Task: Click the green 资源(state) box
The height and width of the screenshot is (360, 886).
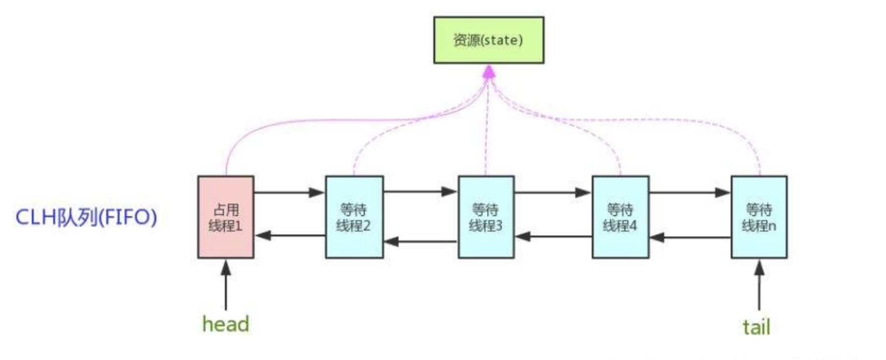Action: (488, 40)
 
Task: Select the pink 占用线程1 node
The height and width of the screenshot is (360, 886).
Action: (226, 217)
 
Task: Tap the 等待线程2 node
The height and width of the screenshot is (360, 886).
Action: (354, 217)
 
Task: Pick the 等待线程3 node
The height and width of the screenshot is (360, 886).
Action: (486, 217)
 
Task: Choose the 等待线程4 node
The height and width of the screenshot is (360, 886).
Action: (620, 217)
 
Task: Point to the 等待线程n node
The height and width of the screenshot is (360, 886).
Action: (759, 217)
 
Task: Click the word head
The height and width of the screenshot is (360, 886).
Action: (225, 324)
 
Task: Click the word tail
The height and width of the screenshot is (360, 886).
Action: (756, 327)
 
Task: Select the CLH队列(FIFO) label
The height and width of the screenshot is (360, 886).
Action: (86, 217)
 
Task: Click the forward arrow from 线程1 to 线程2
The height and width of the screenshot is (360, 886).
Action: (289, 193)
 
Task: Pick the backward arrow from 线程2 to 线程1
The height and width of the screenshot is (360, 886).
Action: (290, 235)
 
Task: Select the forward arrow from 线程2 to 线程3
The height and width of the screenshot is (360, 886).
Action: (420, 192)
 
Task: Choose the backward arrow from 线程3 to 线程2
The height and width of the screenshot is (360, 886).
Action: (420, 241)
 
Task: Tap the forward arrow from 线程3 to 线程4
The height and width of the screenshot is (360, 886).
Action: (553, 193)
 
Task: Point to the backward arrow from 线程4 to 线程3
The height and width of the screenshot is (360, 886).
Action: (553, 236)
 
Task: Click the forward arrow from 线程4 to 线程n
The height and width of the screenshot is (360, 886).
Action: (690, 193)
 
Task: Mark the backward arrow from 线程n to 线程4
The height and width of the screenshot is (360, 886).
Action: (690, 237)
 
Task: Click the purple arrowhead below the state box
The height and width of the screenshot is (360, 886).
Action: (489, 72)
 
